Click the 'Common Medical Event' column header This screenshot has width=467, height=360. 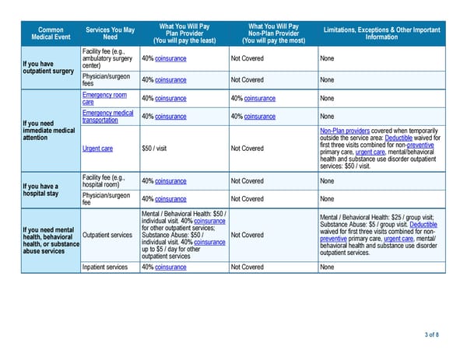[51, 33]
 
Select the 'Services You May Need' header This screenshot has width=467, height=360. [110, 33]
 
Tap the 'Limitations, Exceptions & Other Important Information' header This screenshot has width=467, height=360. [381, 33]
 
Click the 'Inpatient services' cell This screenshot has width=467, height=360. [105, 267]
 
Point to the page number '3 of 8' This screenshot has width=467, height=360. [432, 335]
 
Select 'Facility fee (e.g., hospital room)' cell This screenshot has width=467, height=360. [108, 181]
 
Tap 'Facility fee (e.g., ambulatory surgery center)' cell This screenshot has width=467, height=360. [107, 58]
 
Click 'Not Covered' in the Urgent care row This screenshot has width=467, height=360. [248, 149]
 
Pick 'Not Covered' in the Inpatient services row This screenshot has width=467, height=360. [248, 267]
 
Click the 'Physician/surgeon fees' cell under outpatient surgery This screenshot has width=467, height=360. [107, 79]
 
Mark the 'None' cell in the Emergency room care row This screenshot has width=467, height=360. [327, 98]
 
